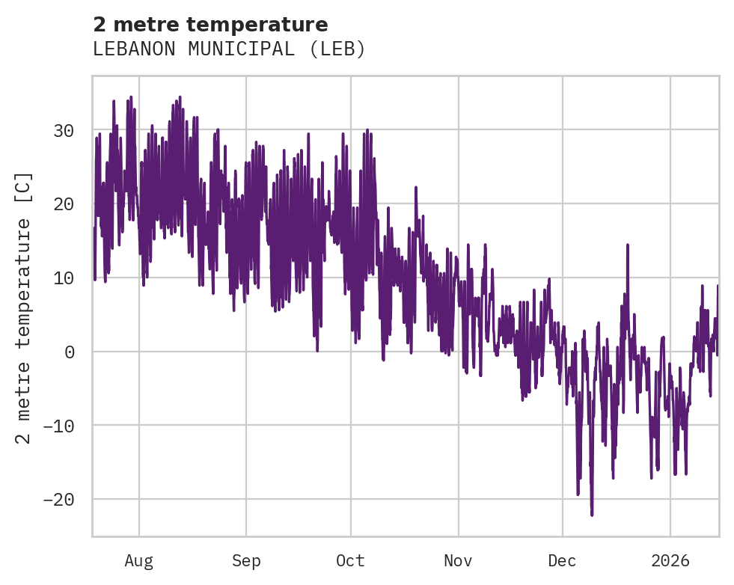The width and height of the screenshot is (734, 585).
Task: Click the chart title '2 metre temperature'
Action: pyautogui.click(x=210, y=25)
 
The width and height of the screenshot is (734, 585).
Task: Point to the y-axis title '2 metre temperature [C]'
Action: pyautogui.click(x=24, y=307)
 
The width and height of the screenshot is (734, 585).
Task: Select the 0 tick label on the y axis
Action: pyautogui.click(x=70, y=352)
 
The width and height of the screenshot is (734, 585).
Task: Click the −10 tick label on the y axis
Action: pyautogui.click(x=58, y=426)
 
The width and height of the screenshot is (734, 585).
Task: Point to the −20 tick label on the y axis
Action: pyautogui.click(x=58, y=499)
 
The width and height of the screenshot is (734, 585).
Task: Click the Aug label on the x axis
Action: pyautogui.click(x=139, y=561)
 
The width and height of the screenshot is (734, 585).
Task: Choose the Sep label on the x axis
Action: pyautogui.click(x=245, y=561)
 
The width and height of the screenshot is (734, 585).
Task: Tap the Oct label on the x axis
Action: pyautogui.click(x=350, y=561)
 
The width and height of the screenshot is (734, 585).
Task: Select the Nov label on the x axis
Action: pyautogui.click(x=458, y=561)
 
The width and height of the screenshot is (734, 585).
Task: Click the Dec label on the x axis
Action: pyautogui.click(x=562, y=561)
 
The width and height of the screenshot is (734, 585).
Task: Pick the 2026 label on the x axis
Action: pyautogui.click(x=670, y=561)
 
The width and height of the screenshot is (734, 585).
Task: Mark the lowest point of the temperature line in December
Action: pyautogui.click(x=592, y=515)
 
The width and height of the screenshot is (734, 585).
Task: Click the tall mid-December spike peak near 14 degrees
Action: pyautogui.click(x=628, y=245)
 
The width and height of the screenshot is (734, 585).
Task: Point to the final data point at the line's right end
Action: pyautogui.click(x=718, y=286)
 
